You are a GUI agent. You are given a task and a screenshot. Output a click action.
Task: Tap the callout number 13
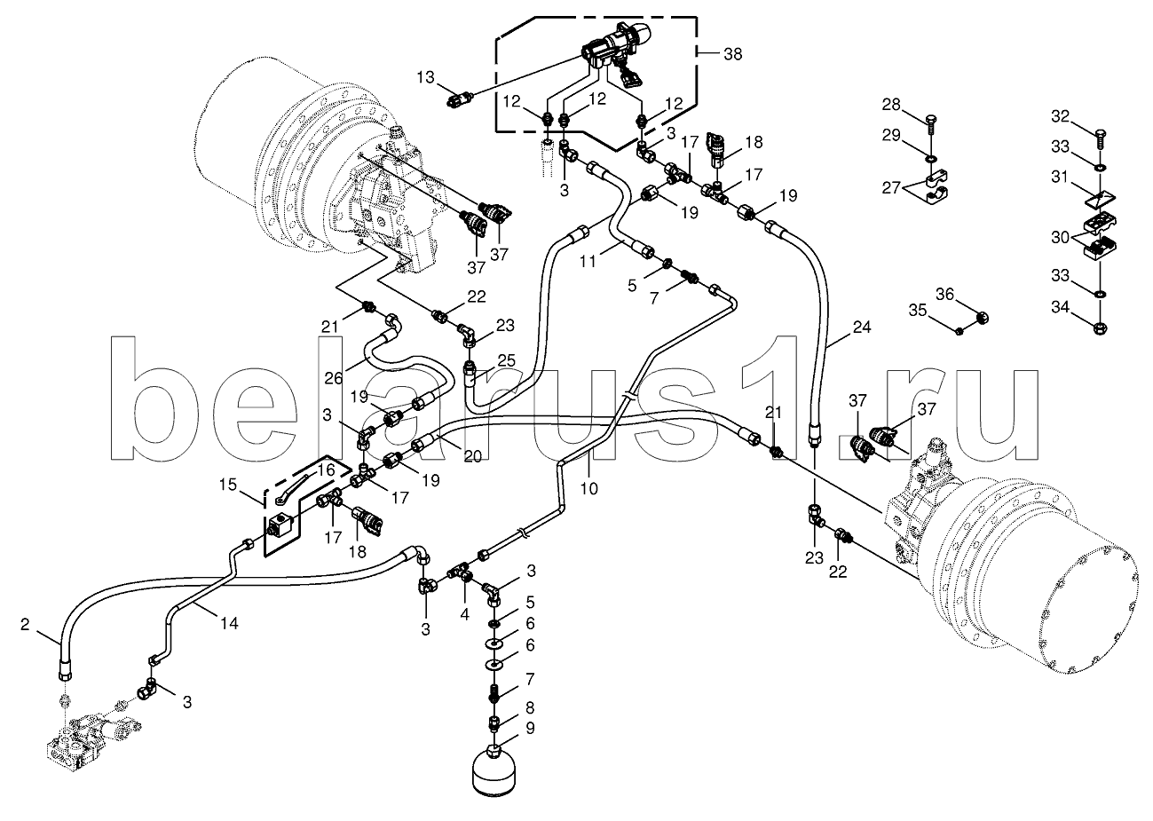[427, 78]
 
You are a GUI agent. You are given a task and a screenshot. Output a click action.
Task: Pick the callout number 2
[24, 625]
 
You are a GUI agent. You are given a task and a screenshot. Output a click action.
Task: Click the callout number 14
[229, 623]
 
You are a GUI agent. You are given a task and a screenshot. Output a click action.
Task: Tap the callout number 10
[590, 487]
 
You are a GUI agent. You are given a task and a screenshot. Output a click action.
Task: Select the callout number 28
[889, 106]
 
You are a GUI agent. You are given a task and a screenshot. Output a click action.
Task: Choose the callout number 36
[944, 295]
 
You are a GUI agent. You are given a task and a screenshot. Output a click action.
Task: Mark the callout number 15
[229, 485]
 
